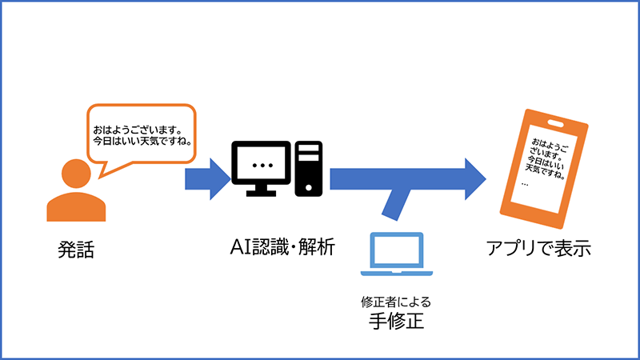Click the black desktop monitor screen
tap(261, 165)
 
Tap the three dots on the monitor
tap(261, 165)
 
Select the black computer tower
tap(309, 168)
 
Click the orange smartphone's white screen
tap(544, 164)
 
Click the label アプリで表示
tap(538, 249)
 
